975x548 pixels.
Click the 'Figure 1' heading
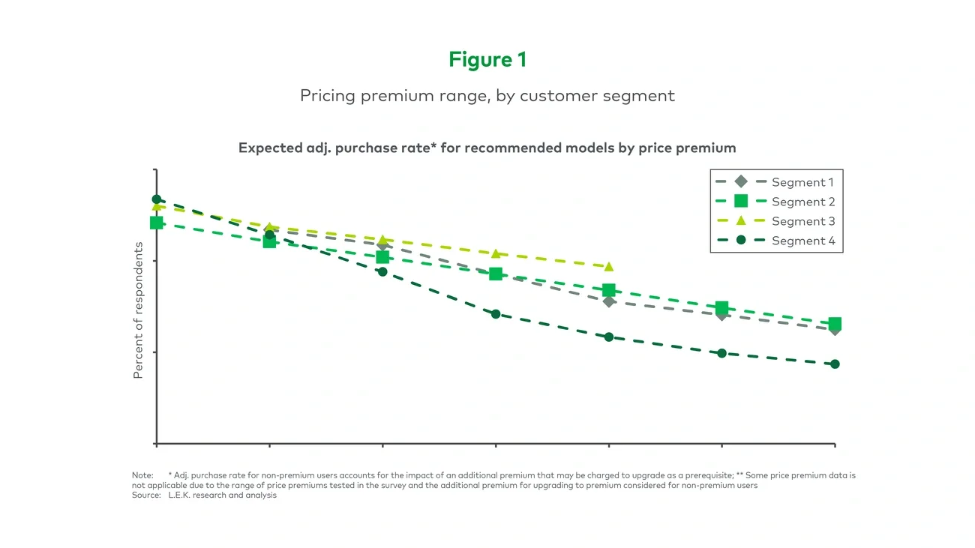point(487,60)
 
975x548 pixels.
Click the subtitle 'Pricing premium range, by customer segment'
point(487,96)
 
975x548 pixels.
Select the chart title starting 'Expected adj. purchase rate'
point(487,148)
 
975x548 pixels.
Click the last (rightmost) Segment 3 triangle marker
point(609,267)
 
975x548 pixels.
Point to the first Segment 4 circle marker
point(157,199)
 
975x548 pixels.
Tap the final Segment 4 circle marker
point(835,364)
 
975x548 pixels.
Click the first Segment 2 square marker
point(157,223)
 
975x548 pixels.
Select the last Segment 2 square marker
point(835,324)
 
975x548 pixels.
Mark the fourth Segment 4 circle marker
point(496,314)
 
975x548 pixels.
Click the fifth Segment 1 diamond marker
point(609,301)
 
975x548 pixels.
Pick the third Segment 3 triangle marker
point(382,240)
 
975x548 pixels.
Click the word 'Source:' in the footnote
point(145,496)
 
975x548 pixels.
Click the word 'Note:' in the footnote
point(142,476)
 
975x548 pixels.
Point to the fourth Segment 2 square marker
point(496,274)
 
